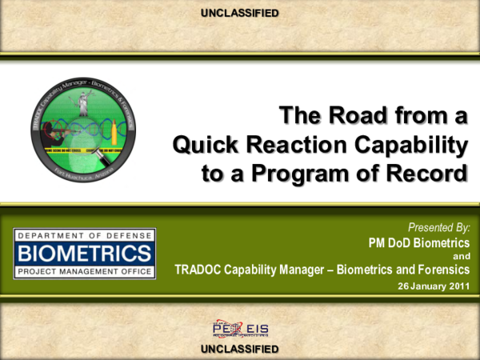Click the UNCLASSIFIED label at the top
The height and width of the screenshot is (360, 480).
coord(240,13)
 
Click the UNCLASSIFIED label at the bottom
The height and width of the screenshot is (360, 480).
coord(240,349)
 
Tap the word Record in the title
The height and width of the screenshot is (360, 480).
coord(430,174)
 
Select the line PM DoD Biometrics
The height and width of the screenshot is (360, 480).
coord(418,242)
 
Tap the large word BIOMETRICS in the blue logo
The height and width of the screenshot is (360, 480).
coord(84,254)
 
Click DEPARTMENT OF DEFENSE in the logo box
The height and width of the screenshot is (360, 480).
coord(84,236)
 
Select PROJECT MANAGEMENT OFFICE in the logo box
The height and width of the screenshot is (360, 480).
coord(84,272)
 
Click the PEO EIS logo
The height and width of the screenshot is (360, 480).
coord(239,330)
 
